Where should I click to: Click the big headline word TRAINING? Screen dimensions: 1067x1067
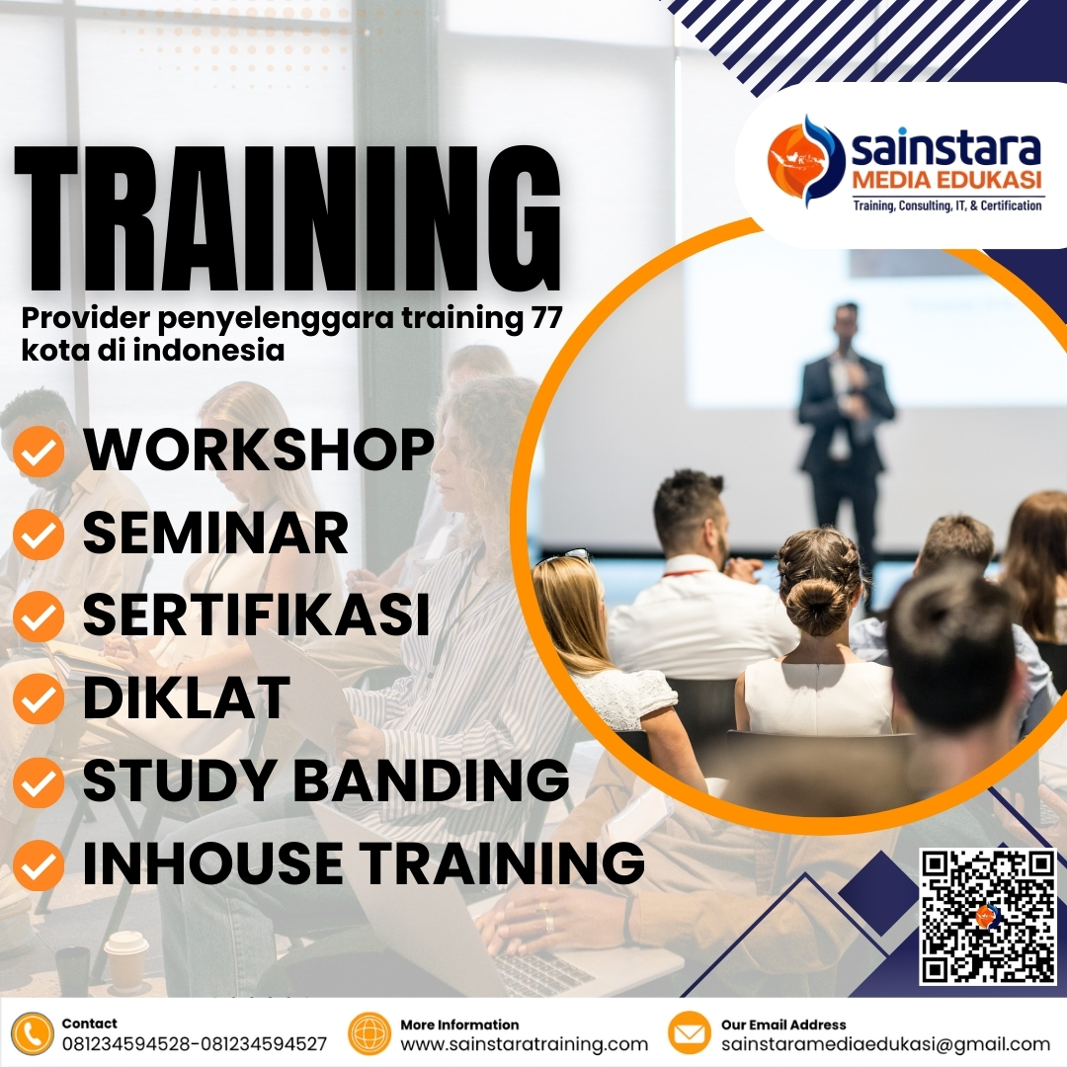point(287,219)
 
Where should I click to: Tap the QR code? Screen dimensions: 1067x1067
point(988,916)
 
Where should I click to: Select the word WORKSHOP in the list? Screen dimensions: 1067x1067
point(259,450)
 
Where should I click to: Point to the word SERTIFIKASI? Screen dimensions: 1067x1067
point(256,614)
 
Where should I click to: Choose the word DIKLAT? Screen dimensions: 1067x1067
point(186,697)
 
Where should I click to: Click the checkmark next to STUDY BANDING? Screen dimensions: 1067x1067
point(40,783)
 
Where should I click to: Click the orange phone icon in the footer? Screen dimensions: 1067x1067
point(33,1033)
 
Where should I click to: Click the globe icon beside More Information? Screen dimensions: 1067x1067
point(369,1033)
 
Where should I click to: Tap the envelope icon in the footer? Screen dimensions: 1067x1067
point(690,1033)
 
